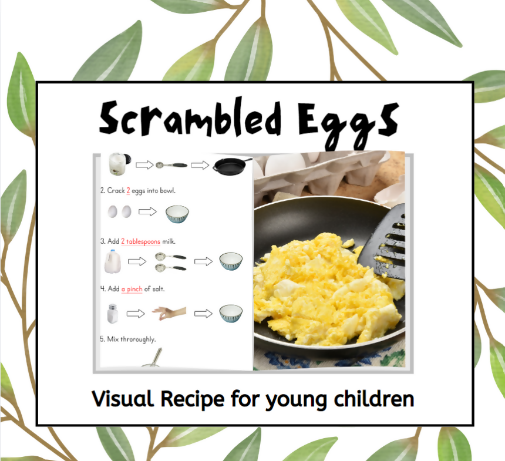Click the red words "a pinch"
point(132,289)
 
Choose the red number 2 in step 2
point(128,191)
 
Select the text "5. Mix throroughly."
point(127,339)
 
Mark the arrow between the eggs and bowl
point(147,211)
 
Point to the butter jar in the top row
point(118,164)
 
